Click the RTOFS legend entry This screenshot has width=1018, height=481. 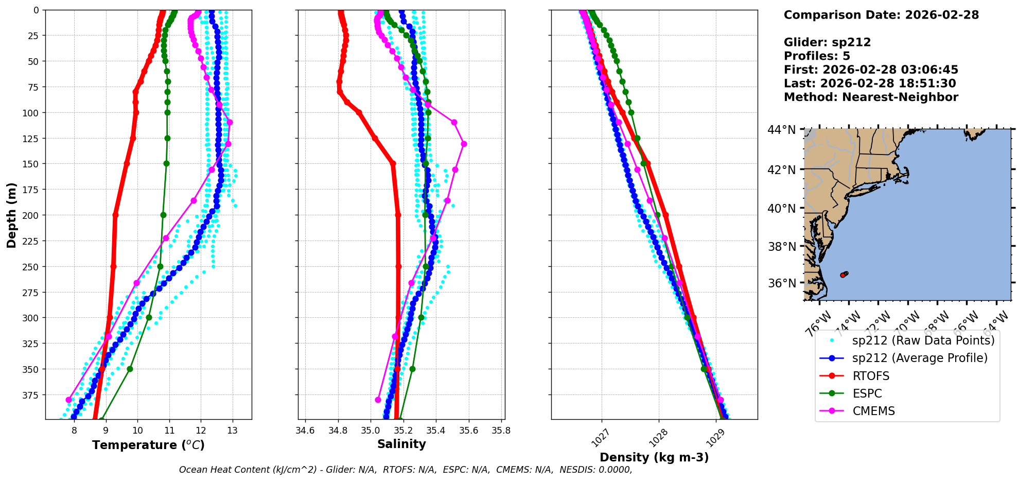click(x=870, y=376)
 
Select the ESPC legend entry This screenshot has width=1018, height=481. click(x=867, y=393)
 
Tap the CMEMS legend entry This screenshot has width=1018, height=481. click(x=873, y=411)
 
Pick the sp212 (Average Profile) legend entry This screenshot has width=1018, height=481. click(x=919, y=358)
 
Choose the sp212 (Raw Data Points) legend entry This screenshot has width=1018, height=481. click(x=923, y=340)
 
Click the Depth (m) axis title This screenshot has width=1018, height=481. click(x=11, y=215)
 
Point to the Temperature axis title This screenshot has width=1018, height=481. click(x=148, y=445)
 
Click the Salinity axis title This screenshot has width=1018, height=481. click(x=401, y=444)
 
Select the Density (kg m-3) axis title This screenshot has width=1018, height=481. click(x=654, y=457)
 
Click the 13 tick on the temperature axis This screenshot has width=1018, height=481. click(x=232, y=431)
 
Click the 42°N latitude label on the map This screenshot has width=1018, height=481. click(x=782, y=170)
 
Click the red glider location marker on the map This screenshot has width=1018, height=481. click(x=843, y=275)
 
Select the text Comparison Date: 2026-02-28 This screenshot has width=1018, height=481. click(x=881, y=15)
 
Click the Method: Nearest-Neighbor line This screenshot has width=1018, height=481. click(x=871, y=97)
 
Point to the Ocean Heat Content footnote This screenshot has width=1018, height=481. click(x=406, y=470)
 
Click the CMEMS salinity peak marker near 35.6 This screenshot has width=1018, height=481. click(x=464, y=144)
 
